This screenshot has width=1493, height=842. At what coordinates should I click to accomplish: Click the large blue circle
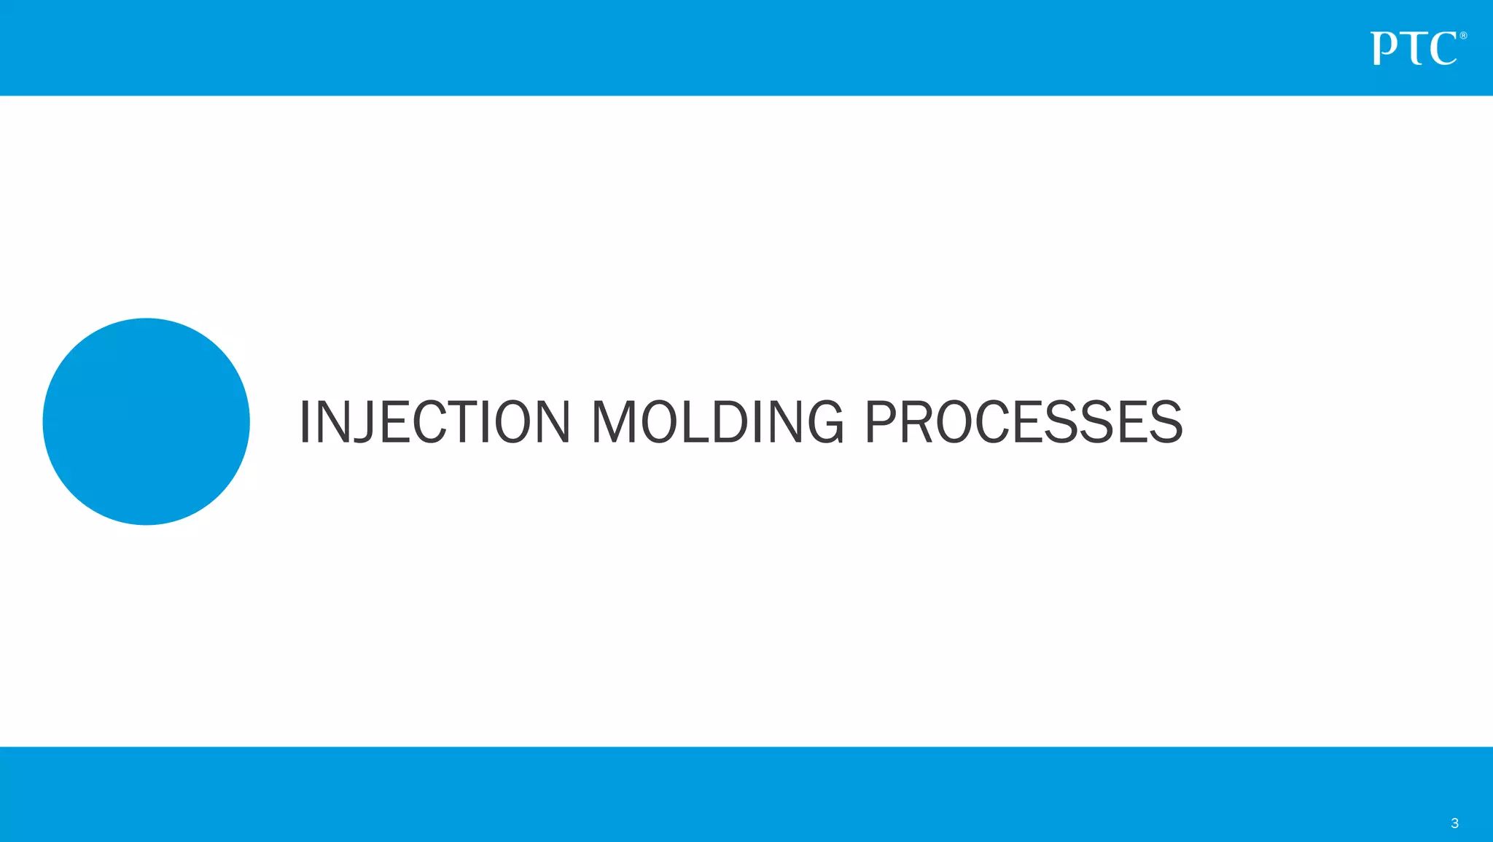(147, 421)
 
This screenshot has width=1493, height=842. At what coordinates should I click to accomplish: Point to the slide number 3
(1454, 823)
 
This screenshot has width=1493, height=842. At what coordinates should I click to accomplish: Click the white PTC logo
(1414, 49)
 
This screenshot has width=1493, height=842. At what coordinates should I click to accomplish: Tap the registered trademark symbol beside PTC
(1463, 36)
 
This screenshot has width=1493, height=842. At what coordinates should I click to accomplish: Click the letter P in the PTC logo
(1384, 49)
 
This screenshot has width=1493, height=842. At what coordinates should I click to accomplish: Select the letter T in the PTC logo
(1414, 49)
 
